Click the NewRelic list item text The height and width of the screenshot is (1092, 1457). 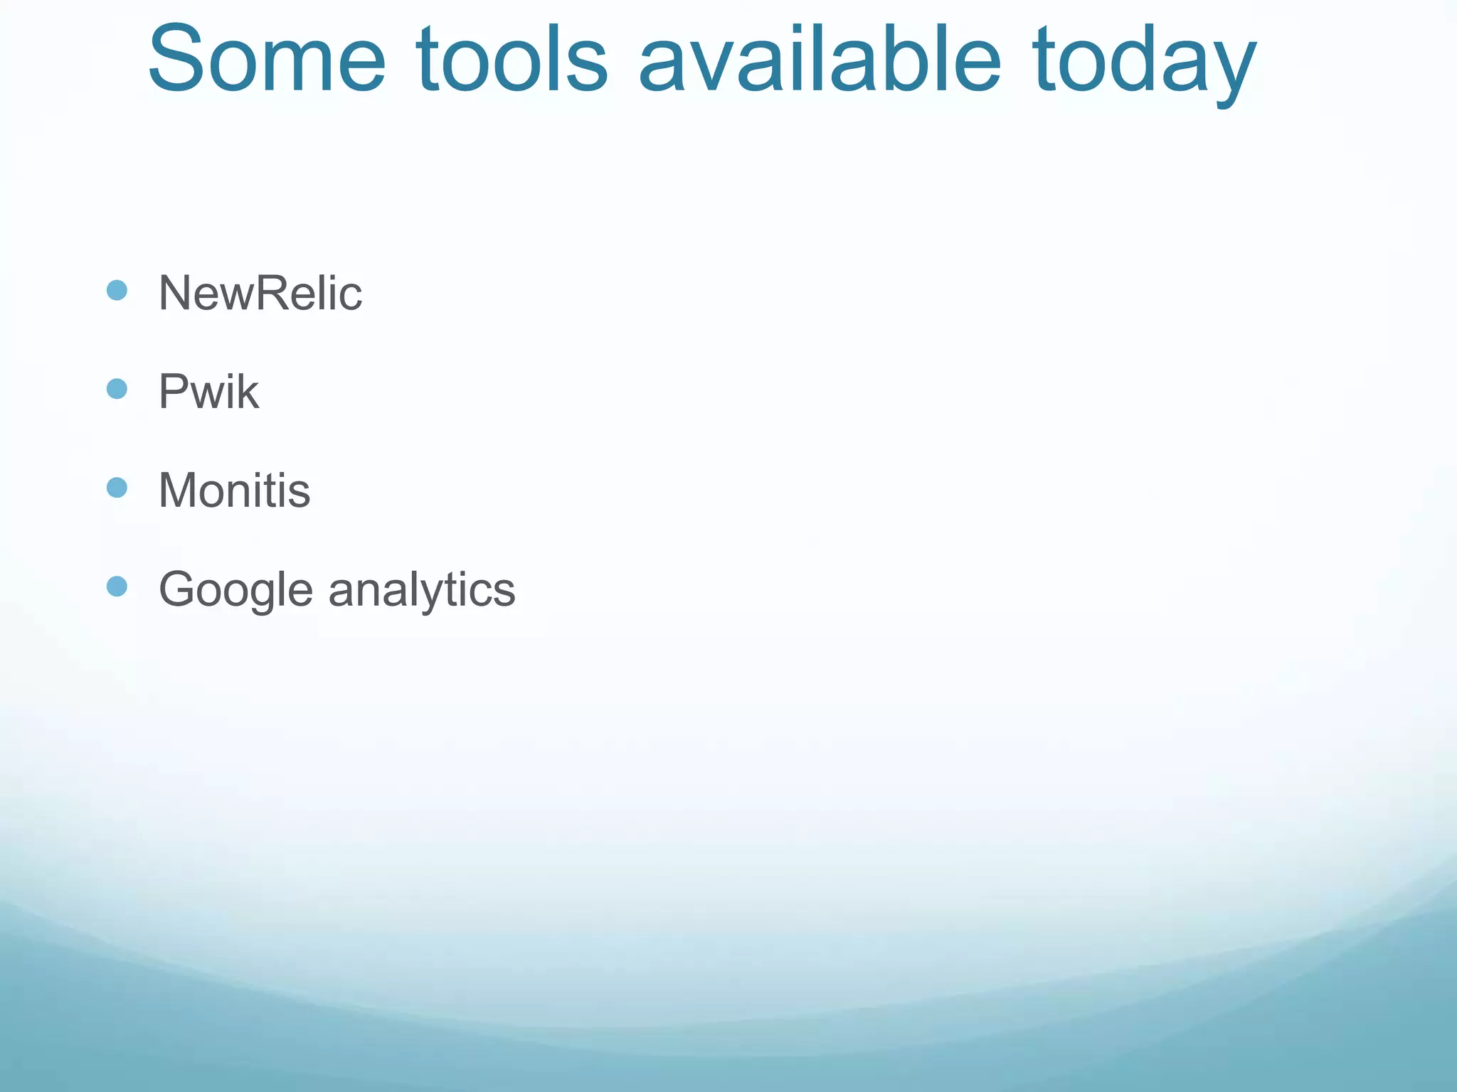260,293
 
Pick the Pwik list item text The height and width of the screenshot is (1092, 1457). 208,392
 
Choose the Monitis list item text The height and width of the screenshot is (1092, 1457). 234,491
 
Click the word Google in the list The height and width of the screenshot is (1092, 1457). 235,590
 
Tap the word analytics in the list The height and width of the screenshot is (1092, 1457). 422,590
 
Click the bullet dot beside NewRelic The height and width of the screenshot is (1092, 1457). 117,290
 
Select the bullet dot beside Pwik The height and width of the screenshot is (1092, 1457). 117,389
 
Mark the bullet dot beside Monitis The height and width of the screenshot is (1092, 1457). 117,488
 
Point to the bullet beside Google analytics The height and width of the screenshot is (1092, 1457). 117,587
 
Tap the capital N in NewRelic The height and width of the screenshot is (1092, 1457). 175,293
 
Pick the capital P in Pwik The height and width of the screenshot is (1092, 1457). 173,392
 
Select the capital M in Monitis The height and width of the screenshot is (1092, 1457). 178,491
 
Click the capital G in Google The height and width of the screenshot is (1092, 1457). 177,589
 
